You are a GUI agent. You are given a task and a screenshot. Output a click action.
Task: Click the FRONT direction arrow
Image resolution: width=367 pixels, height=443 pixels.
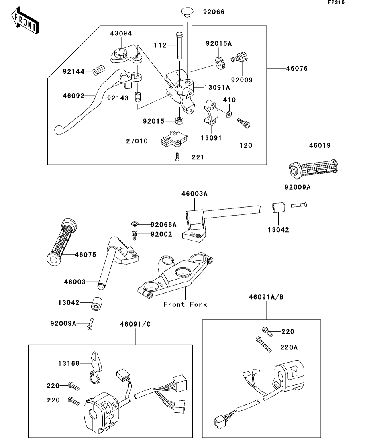click(25, 20)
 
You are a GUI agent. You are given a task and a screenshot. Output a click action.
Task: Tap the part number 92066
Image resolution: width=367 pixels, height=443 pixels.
click(214, 12)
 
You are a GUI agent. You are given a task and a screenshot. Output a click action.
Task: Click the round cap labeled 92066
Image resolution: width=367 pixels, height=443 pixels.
click(187, 12)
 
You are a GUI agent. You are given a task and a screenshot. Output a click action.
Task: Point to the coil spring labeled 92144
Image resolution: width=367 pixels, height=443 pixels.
click(99, 70)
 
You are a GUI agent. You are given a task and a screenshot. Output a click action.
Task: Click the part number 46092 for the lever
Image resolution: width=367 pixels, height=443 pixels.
click(73, 96)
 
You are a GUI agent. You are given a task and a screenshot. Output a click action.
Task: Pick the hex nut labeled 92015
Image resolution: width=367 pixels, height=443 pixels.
click(179, 120)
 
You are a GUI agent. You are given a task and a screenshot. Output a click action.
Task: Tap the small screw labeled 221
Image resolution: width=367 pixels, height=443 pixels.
click(177, 157)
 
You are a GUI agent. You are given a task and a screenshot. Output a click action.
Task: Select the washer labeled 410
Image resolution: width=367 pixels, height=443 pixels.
click(228, 114)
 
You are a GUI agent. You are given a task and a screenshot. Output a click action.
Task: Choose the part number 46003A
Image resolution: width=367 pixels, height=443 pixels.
click(194, 194)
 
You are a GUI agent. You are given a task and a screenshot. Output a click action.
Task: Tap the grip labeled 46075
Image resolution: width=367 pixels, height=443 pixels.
click(61, 242)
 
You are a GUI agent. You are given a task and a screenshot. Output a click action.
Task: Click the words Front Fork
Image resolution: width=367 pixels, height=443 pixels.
click(185, 304)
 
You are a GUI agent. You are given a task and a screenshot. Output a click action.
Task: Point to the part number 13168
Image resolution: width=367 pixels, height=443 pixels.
click(69, 363)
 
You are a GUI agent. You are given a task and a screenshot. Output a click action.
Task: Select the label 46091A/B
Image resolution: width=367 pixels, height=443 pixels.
click(266, 297)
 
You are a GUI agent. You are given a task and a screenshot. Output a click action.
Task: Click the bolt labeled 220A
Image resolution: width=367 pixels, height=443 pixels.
click(263, 344)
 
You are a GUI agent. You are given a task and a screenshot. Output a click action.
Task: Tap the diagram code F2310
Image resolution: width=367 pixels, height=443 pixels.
click(336, 2)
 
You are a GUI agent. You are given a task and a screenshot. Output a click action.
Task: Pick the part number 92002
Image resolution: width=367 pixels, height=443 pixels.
click(161, 234)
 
